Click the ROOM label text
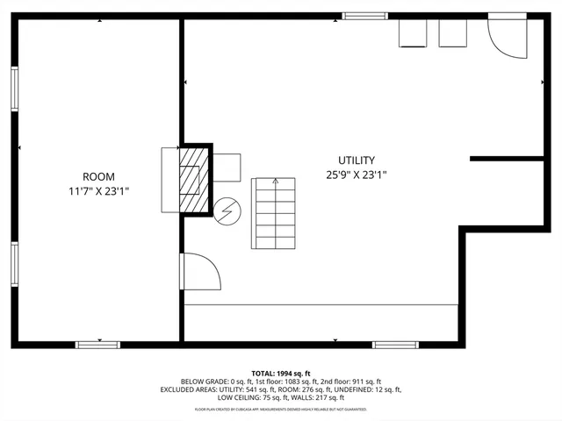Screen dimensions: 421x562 coord(98,176)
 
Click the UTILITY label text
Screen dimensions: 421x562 coord(357,161)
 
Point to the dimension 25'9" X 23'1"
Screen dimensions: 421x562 coord(357,175)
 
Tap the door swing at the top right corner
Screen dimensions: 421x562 coord(507,37)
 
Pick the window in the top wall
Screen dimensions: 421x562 coord(364,15)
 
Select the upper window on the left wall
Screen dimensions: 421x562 coord(15,89)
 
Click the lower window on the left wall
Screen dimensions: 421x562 coord(15,265)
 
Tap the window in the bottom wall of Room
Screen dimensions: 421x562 coord(98,345)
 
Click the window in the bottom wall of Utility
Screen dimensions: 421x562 coord(395,345)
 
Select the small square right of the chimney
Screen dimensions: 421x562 coord(227,167)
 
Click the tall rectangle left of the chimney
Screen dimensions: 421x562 coord(169,180)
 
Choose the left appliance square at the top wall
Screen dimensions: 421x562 coord(413,32)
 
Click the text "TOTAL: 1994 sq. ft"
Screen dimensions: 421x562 coord(281,374)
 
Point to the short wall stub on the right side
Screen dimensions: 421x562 coord(507,159)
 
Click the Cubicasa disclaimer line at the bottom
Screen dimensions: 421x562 coord(281,410)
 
